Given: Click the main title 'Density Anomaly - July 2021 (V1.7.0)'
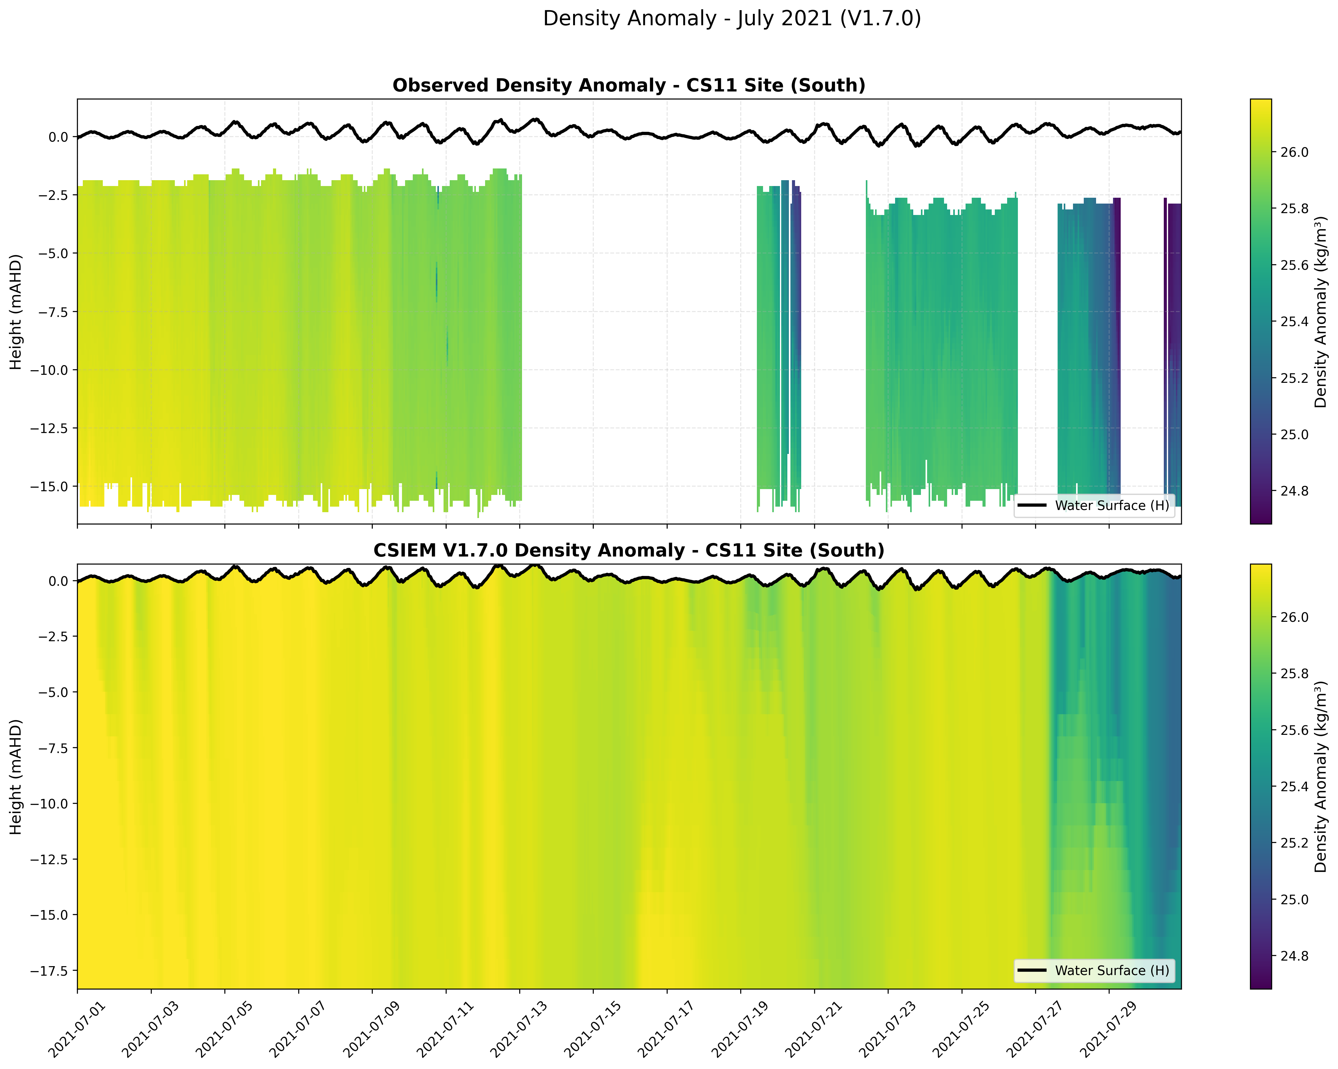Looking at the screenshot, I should point(732,18).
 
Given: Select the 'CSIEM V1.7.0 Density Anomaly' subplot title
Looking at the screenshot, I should point(629,551).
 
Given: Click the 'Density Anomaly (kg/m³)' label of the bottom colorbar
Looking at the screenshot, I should point(1321,777).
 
